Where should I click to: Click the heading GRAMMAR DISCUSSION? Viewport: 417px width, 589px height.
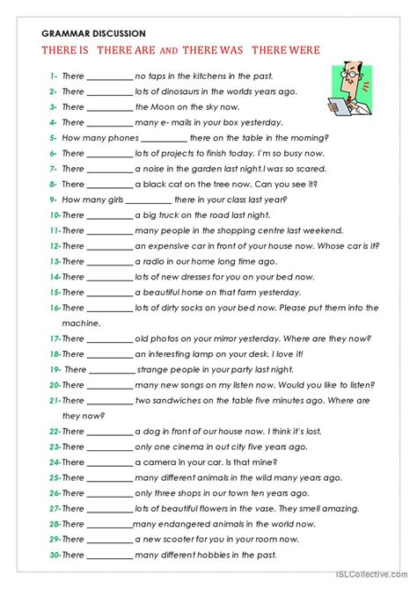click(x=89, y=33)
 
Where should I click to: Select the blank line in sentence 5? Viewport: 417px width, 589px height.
click(x=164, y=138)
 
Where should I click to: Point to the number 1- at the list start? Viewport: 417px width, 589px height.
click(x=54, y=76)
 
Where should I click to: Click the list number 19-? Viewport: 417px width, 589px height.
click(x=55, y=369)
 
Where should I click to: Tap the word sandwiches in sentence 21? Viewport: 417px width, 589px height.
click(x=177, y=400)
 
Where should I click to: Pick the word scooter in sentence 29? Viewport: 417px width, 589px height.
click(x=177, y=539)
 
